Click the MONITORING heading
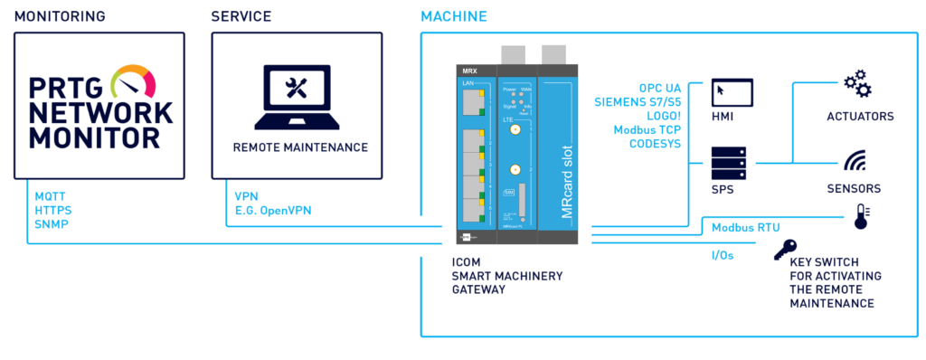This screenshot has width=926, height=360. (x=60, y=16)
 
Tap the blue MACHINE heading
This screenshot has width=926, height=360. (x=454, y=16)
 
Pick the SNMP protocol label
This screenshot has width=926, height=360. (x=50, y=223)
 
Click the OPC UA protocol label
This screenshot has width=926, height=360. (x=663, y=87)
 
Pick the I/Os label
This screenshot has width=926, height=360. (x=723, y=255)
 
